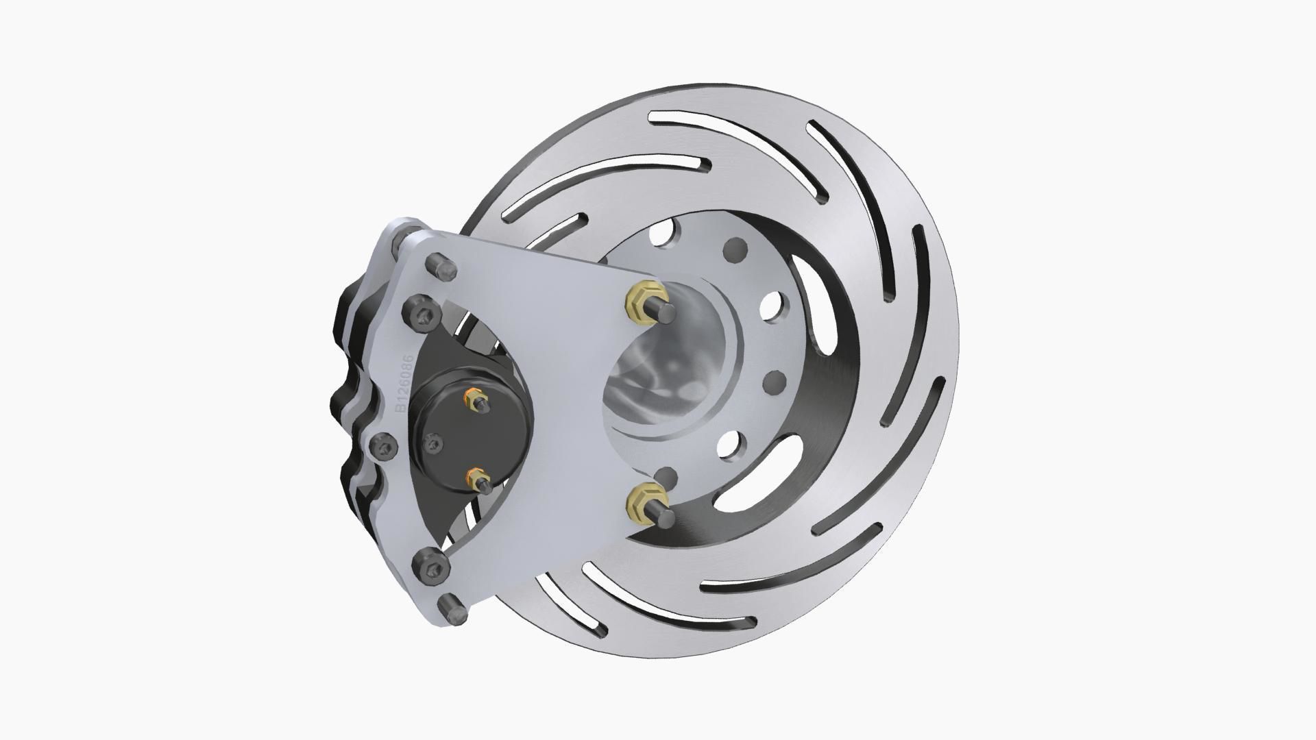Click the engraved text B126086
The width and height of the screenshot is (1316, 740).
click(404, 384)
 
